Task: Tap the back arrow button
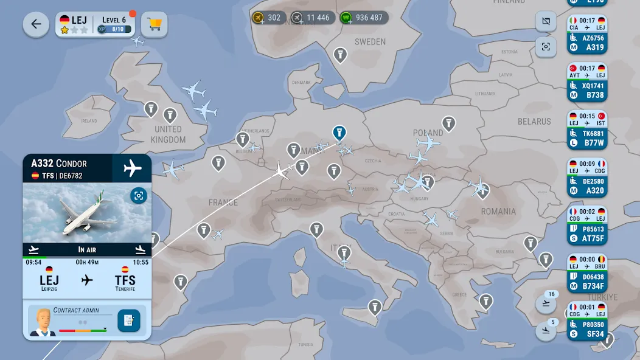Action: tap(36, 24)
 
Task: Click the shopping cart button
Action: tap(155, 24)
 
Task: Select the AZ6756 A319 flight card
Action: tap(587, 34)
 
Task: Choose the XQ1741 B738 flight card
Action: tap(587, 82)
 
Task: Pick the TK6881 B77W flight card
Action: tap(587, 130)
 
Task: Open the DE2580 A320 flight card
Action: tap(587, 178)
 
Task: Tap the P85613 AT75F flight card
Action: tap(587, 225)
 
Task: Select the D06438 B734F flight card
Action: tap(587, 273)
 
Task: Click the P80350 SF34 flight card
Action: tap(587, 320)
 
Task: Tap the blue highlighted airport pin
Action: tap(339, 132)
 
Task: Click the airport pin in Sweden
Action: tap(340, 55)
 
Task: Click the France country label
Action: tap(223, 202)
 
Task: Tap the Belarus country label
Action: tap(534, 122)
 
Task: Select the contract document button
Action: tap(128, 320)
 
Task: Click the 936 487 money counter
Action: tap(364, 18)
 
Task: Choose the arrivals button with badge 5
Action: tap(546, 331)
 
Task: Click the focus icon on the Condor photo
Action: tap(139, 195)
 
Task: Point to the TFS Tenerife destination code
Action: tap(125, 281)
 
